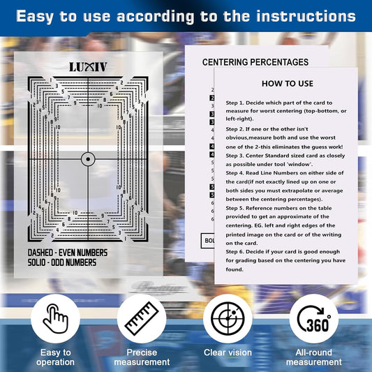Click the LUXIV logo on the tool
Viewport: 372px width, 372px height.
[89, 67]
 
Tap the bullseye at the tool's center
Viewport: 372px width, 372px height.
[89, 159]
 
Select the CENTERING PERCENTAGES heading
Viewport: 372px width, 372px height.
[255, 62]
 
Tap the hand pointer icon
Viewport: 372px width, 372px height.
[54, 319]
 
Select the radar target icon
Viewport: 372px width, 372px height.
[228, 319]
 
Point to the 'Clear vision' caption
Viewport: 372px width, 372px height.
[228, 352]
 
